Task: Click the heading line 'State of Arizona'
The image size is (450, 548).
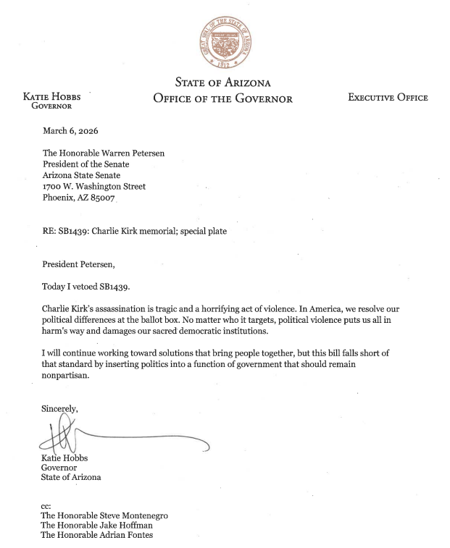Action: point(223,83)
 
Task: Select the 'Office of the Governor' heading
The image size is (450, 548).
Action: point(223,98)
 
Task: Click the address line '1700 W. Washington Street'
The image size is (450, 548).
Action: point(94,185)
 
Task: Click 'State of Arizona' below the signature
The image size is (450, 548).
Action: point(71,478)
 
